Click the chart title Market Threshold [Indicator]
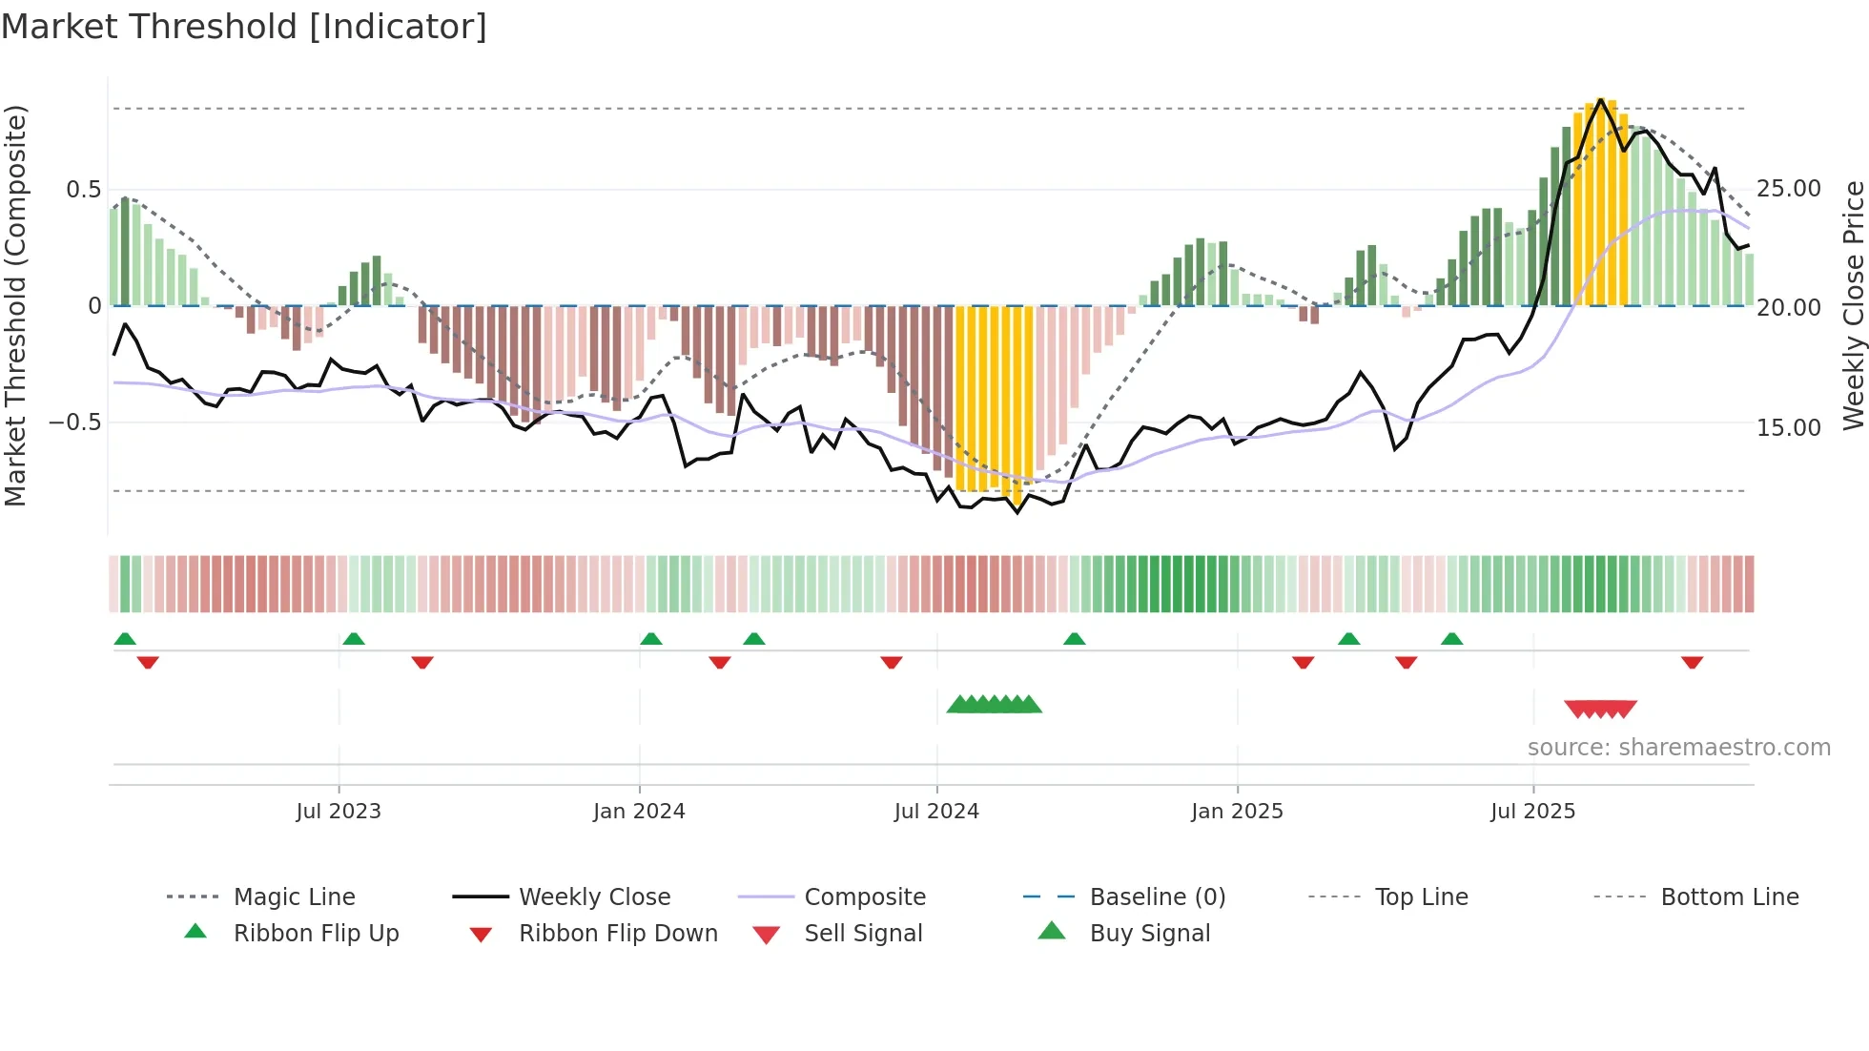click(244, 27)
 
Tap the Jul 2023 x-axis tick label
click(339, 812)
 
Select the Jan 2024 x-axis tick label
click(639, 812)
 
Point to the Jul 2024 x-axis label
click(936, 812)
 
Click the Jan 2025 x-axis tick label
click(1237, 812)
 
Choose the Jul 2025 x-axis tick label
click(1532, 812)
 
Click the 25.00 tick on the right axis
click(1789, 189)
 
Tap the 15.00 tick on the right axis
click(1789, 428)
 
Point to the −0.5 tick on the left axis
click(75, 422)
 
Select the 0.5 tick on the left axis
click(84, 190)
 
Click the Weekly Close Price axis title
click(1853, 305)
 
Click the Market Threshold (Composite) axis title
click(16, 305)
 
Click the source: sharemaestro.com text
click(1678, 748)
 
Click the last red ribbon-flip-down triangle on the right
click(1693, 662)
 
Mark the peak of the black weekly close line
click(1601, 99)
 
